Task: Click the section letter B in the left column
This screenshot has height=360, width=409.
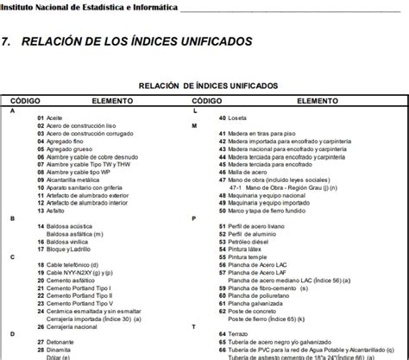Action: pyautogui.click(x=12, y=218)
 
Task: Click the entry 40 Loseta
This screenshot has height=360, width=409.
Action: pyautogui.click(x=233, y=117)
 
